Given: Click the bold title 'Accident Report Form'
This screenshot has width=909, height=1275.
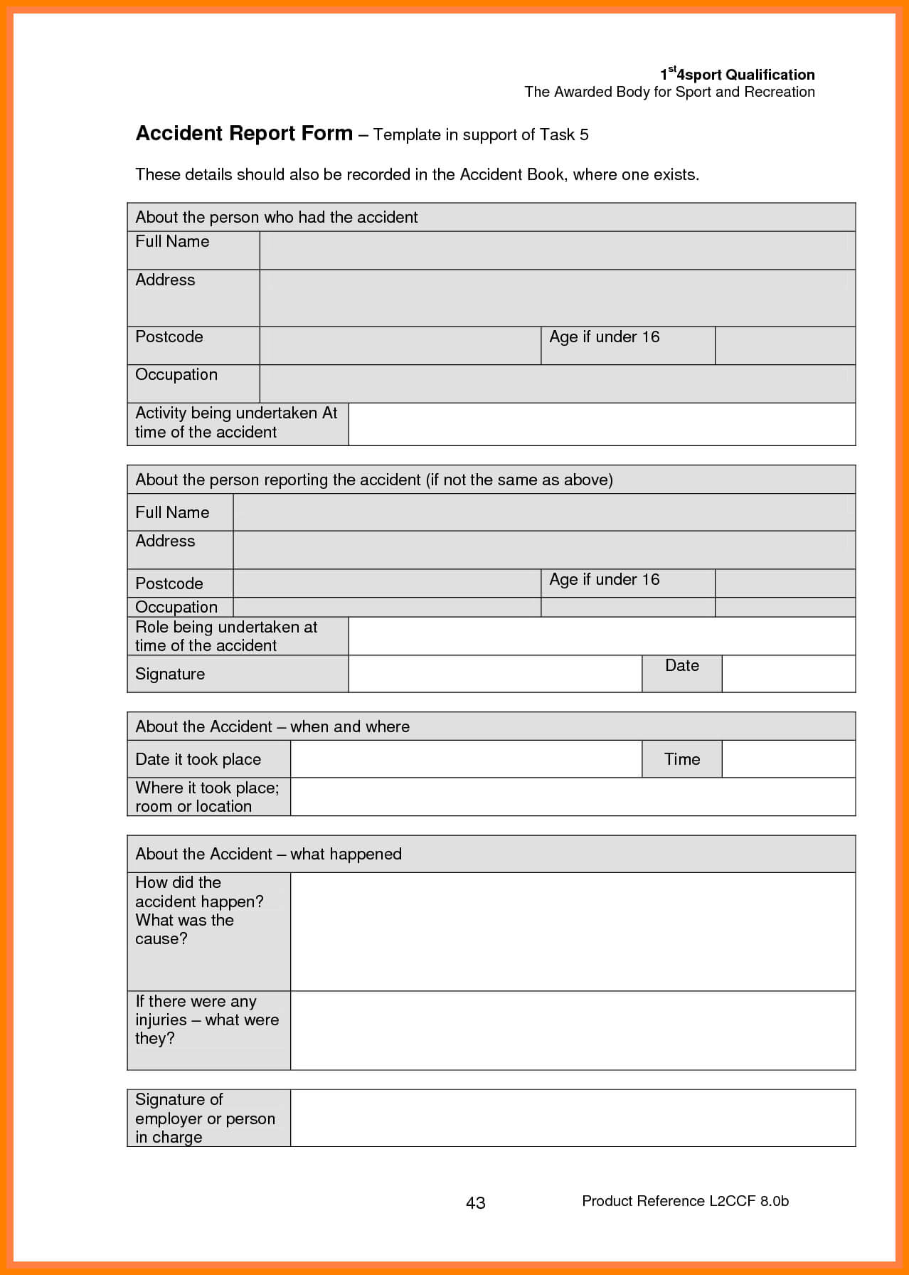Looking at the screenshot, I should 244,134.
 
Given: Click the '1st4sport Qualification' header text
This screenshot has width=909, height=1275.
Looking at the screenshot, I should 737,75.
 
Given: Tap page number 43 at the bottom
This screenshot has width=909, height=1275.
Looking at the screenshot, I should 475,1202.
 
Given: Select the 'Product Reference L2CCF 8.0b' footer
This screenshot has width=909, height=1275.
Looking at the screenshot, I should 685,1201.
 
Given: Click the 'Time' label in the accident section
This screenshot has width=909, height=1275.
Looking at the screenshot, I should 681,759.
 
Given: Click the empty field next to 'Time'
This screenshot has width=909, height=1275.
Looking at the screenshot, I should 788,759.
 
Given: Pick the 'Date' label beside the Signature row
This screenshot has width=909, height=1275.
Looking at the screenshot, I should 681,666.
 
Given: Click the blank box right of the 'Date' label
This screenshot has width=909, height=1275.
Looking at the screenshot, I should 788,673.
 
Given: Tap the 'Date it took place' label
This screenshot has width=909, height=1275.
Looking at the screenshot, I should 198,759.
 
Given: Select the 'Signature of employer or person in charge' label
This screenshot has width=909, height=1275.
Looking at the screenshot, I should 205,1118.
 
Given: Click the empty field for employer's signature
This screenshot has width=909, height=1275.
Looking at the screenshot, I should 573,1118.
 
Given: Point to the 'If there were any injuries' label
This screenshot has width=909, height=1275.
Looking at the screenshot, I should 207,1020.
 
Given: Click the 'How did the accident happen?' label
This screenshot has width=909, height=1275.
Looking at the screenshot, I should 199,911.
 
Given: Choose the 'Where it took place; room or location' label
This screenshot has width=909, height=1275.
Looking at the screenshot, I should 207,797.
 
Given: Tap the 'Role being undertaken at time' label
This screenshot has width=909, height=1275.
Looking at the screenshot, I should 226,636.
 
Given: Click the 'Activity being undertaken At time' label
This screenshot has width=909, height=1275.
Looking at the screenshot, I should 236,423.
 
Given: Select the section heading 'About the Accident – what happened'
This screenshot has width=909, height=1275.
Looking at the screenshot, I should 268,854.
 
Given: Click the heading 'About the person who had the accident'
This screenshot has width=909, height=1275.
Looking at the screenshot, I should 276,217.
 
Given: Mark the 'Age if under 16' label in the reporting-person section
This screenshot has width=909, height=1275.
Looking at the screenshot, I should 604,580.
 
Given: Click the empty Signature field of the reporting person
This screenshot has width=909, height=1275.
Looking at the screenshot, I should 495,673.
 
